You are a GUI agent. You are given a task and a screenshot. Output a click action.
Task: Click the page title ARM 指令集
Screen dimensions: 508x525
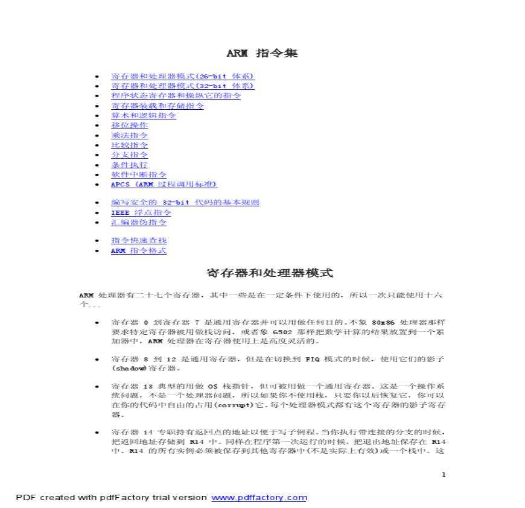[x=262, y=53]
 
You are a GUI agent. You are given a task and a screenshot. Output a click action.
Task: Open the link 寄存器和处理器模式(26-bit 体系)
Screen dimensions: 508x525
[x=182, y=76]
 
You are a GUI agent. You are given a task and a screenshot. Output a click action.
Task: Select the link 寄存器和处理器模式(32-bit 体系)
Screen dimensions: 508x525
[x=182, y=86]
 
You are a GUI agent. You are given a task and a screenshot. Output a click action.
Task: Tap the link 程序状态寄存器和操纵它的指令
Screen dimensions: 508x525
[x=176, y=95]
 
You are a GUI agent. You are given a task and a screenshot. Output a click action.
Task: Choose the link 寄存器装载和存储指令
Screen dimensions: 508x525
[x=157, y=106]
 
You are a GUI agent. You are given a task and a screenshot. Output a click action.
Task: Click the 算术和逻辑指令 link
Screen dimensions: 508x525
[x=143, y=115]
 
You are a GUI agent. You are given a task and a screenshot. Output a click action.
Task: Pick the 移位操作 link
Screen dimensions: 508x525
[x=129, y=125]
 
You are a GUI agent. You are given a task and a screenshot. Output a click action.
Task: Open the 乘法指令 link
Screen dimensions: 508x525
[x=129, y=135]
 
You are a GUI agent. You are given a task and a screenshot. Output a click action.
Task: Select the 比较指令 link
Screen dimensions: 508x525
[x=129, y=145]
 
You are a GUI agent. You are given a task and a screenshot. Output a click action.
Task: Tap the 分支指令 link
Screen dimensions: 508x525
[x=129, y=154]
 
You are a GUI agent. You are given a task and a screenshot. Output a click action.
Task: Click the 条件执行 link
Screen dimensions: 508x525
[x=129, y=164]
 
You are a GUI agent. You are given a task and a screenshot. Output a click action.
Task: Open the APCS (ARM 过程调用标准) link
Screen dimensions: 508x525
[x=164, y=184]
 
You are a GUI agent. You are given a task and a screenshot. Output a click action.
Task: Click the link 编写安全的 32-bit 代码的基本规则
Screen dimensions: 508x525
[x=185, y=203]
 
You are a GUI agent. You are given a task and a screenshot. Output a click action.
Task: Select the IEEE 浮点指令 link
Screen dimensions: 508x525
[x=141, y=212]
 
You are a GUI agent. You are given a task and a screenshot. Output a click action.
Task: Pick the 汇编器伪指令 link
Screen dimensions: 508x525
[x=139, y=222]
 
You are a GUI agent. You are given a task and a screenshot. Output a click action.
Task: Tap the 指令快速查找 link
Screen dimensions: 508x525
[x=139, y=240]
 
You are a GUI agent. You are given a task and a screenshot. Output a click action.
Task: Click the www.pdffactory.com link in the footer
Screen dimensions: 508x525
[x=259, y=498]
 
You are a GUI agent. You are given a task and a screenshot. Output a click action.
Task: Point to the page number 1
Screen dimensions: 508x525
[x=444, y=474]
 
